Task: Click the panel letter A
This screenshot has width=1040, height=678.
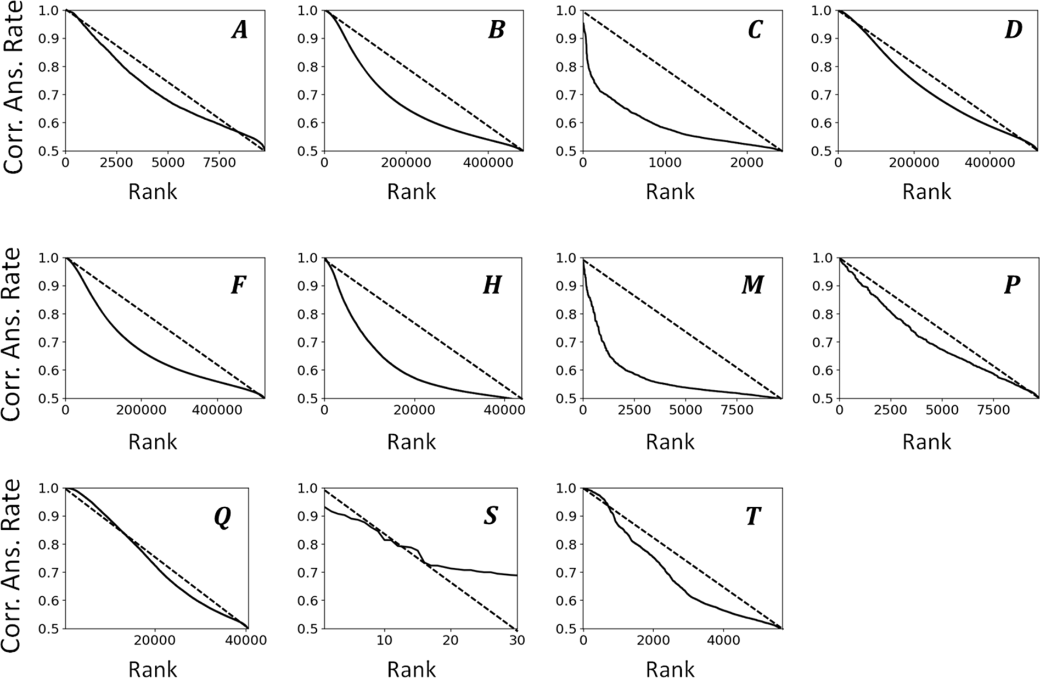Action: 239,30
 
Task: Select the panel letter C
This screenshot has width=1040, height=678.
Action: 755,30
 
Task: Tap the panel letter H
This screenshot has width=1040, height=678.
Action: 492,285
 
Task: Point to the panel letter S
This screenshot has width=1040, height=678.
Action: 490,516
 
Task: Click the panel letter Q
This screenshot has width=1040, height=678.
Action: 222,516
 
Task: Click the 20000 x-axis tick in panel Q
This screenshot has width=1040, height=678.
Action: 155,641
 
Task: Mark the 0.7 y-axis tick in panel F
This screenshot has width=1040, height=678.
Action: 51,343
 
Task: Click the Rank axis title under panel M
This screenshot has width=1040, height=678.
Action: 670,441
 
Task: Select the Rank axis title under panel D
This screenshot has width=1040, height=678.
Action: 927,192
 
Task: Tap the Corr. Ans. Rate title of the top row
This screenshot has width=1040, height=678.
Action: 12,88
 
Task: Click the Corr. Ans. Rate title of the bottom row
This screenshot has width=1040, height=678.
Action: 12,565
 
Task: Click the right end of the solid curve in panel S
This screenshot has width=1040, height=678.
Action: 517,575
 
